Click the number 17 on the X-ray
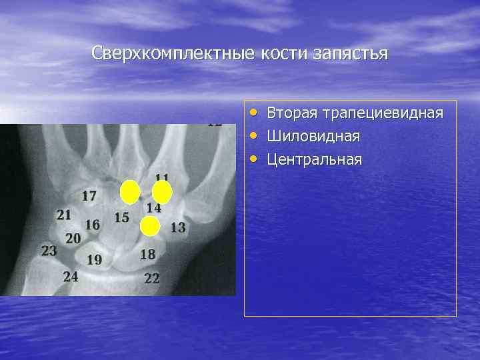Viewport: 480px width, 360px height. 89,196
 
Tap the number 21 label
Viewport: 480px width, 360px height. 64,215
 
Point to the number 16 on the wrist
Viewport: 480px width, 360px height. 92,225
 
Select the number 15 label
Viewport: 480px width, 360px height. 121,217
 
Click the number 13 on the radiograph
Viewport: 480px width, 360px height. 177,227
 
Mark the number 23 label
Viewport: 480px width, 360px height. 49,251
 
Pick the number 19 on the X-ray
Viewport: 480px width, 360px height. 94,259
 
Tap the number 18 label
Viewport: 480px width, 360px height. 147,254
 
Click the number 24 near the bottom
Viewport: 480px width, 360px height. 71,276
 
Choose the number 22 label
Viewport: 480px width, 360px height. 152,278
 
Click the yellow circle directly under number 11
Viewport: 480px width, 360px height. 162,192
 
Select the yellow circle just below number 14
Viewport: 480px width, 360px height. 150,227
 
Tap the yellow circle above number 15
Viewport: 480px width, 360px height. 130,192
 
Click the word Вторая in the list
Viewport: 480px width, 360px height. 292,113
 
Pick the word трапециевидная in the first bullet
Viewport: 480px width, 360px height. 382,113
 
